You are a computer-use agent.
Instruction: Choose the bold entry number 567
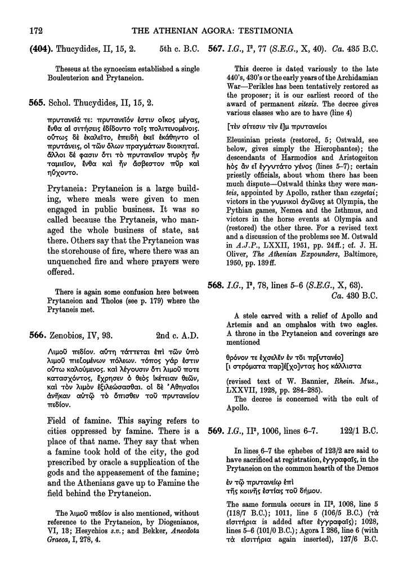pyautogui.click(x=215, y=48)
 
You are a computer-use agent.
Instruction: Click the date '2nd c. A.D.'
pyautogui.click(x=174, y=336)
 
